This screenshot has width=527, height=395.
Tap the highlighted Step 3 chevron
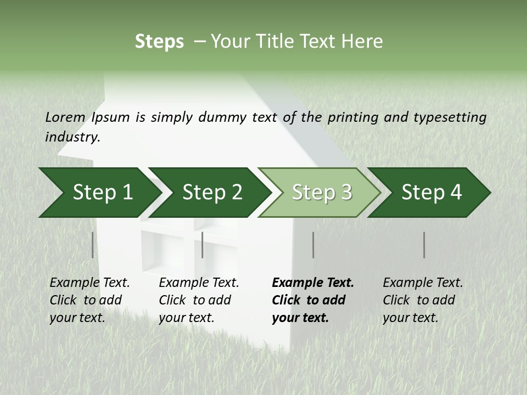click(x=322, y=192)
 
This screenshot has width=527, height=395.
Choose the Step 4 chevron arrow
click(x=431, y=192)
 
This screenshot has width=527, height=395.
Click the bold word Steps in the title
click(x=159, y=42)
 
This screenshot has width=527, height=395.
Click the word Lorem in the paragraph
click(x=65, y=117)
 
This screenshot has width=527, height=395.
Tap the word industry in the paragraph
click(x=72, y=137)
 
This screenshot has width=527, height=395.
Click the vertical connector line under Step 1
click(x=93, y=245)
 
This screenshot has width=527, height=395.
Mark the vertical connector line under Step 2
click(x=203, y=245)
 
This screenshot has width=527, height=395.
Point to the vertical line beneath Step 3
click(x=313, y=245)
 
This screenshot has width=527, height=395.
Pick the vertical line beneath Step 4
click(x=424, y=245)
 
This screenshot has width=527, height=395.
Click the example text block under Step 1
click(x=89, y=300)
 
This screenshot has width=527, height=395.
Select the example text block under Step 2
click(x=199, y=300)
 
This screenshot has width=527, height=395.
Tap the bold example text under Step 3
click(x=313, y=300)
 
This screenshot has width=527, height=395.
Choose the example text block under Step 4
click(x=423, y=300)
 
